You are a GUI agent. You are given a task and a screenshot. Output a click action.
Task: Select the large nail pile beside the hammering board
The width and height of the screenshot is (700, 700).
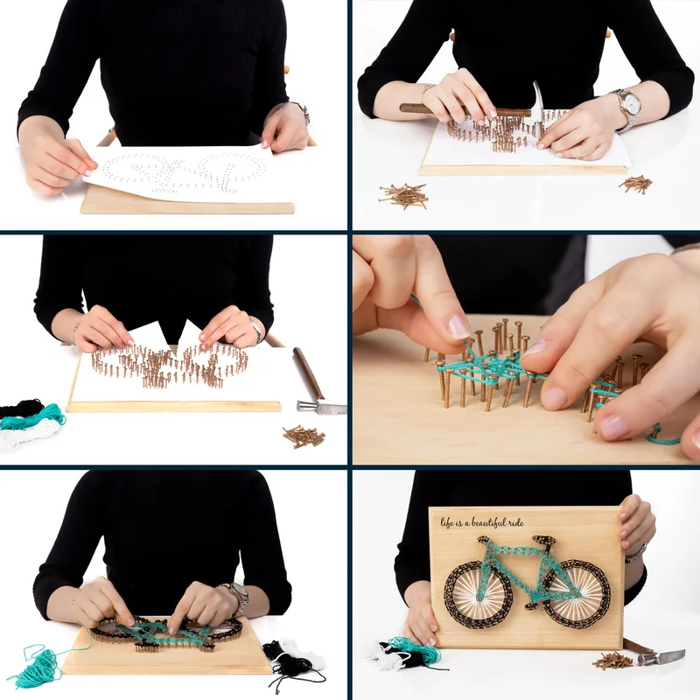(403, 195)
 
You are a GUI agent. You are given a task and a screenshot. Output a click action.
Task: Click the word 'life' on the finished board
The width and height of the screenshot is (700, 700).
(448, 522)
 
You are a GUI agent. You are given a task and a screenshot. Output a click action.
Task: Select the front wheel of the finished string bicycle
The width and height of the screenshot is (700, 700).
(574, 593)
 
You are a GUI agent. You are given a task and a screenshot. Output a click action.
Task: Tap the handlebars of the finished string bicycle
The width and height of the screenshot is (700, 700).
(543, 542)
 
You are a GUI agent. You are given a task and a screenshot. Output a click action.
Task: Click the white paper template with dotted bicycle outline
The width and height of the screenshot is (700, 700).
(179, 173)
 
